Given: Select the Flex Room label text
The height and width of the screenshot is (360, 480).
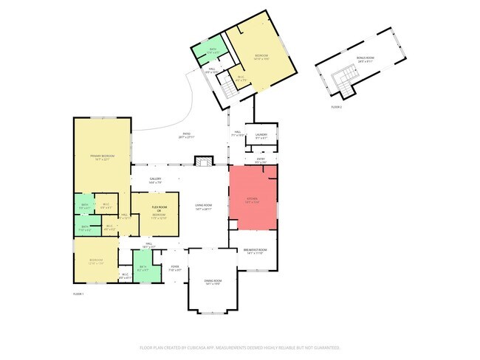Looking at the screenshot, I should pos(155,207).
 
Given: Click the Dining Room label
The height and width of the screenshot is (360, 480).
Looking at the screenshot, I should pos(213,282).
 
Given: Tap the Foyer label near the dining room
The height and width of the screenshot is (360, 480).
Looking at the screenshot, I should pos(174,268).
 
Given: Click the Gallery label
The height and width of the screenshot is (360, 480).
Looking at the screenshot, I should pos(155,179).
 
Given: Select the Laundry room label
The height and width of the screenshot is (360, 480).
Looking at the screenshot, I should pos(261,135).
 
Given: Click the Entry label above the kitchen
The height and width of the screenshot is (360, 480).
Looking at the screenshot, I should pos(261,159).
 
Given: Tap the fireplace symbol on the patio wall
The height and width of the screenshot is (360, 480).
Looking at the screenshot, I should pos(203,162).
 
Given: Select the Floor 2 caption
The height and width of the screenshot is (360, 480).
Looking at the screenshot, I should pos(337,108).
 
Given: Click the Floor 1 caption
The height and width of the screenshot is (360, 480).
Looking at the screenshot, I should pos(78,294).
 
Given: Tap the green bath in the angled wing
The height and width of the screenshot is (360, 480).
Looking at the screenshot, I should pos(211,52).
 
